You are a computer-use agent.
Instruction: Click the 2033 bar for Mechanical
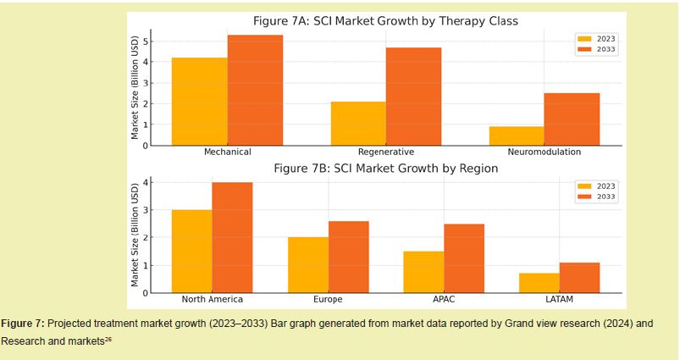(x=255, y=91)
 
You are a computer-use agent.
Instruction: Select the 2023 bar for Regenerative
(x=358, y=124)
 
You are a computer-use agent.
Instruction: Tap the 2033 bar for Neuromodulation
(x=572, y=119)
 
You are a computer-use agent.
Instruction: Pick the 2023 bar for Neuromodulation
(x=517, y=136)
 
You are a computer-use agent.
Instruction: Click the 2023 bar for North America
(x=191, y=252)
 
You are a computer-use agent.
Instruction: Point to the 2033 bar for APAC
(x=464, y=258)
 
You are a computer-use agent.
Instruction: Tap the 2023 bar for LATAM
(x=539, y=283)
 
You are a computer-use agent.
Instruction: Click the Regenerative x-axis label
(x=385, y=152)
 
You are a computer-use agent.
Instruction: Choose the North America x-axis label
(x=212, y=300)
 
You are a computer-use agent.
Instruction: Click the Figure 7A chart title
(x=385, y=20)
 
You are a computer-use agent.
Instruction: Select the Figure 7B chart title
(x=385, y=169)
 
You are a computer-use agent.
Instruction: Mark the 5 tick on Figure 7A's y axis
(x=146, y=42)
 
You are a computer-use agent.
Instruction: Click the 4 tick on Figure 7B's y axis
(x=146, y=183)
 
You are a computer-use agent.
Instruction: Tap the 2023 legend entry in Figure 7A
(x=598, y=38)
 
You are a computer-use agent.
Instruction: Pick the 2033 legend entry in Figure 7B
(x=598, y=197)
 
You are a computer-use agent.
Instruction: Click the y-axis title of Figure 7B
(x=135, y=234)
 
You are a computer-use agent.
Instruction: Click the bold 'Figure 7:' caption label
(x=22, y=324)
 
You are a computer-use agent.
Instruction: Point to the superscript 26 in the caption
(x=108, y=339)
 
